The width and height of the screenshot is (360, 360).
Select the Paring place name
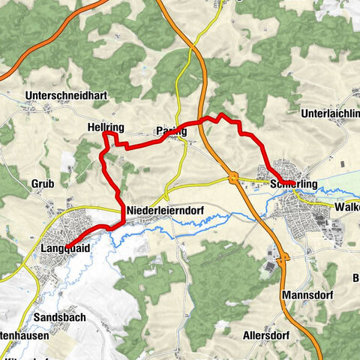[x=170, y=131]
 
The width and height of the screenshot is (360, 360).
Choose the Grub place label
[x=42, y=184]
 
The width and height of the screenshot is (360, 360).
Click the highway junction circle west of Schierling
[x=233, y=178]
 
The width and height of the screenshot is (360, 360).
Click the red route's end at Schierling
[x=280, y=182]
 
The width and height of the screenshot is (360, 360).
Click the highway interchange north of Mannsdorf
[x=283, y=262]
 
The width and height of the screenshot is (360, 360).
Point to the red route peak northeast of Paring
[x=220, y=115]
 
